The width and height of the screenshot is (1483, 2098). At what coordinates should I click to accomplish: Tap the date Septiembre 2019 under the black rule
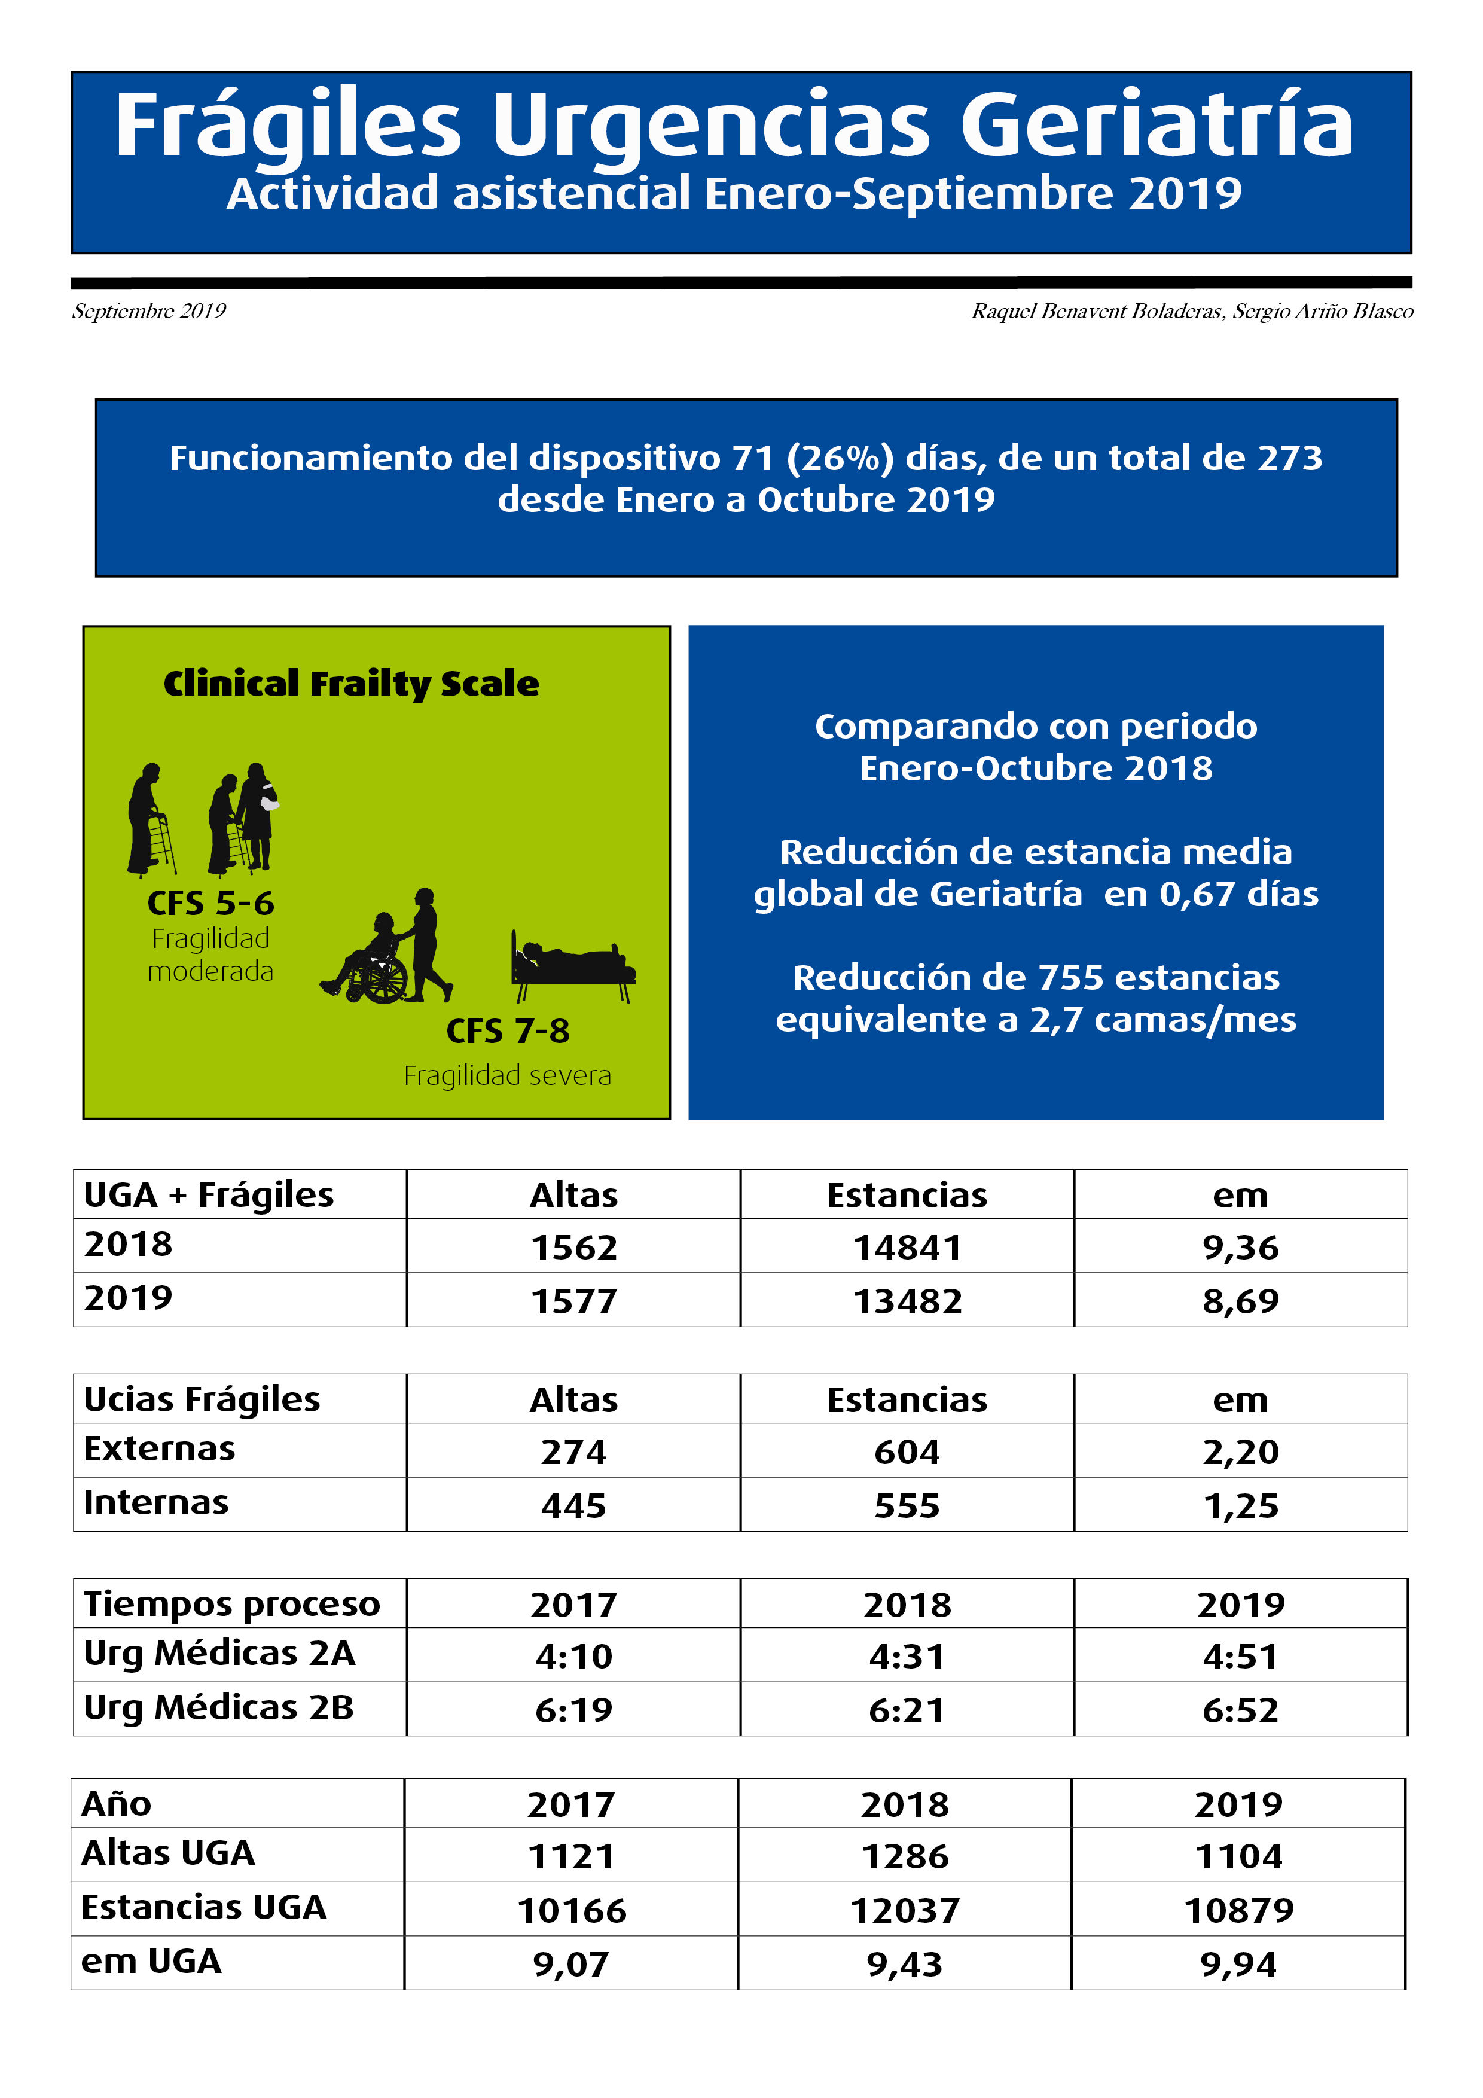click(149, 312)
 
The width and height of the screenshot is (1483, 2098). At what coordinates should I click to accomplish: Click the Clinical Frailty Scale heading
click(351, 684)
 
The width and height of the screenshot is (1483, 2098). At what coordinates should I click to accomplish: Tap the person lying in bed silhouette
click(573, 965)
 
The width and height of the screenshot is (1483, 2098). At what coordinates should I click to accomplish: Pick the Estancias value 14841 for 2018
click(907, 1248)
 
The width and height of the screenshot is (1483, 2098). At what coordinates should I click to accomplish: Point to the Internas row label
click(156, 1503)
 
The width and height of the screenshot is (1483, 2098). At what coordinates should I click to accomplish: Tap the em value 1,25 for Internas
click(1240, 1506)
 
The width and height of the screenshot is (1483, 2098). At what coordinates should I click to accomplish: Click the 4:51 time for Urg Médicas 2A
click(1240, 1656)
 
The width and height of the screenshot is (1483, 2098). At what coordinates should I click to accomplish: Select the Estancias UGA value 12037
click(905, 1911)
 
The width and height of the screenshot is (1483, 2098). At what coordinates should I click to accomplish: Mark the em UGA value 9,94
click(1238, 1965)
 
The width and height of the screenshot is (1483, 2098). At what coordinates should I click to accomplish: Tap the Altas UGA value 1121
click(571, 1857)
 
